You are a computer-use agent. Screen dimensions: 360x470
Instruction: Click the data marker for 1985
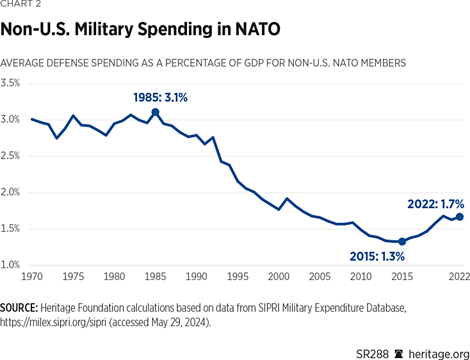[155, 112]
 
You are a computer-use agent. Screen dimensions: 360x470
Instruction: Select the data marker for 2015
[401, 241]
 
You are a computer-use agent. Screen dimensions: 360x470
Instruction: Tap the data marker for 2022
[459, 217]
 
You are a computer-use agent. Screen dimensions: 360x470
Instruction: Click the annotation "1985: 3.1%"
[160, 97]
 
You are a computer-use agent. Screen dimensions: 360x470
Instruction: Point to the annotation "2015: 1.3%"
[377, 256]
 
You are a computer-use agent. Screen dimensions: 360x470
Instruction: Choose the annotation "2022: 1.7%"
[435, 204]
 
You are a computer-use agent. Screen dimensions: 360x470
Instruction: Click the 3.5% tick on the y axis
[10, 83]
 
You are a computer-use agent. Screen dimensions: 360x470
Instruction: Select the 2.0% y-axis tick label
[10, 192]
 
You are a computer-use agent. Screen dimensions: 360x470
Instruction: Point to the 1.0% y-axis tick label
[10, 265]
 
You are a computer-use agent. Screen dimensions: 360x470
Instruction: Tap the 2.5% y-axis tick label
[10, 156]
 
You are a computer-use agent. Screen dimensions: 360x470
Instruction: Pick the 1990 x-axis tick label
[196, 277]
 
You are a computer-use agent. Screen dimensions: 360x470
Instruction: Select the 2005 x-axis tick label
[320, 277]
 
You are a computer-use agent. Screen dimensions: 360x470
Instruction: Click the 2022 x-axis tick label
[459, 277]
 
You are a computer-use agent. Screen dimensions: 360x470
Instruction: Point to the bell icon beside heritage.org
[398, 352]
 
